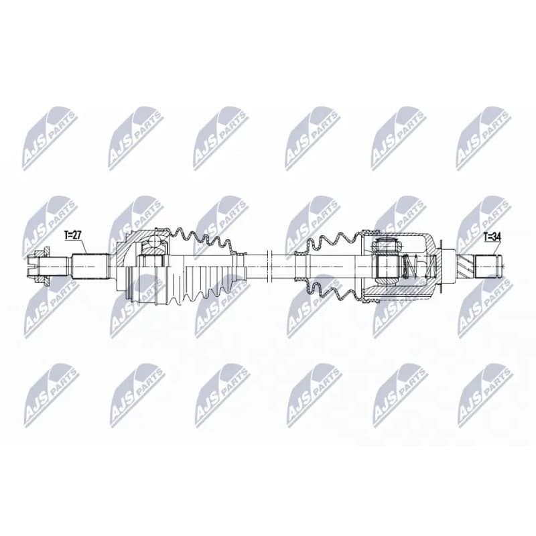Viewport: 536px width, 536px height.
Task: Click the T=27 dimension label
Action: coord(72,235)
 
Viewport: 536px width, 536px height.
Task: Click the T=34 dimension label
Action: coord(492,237)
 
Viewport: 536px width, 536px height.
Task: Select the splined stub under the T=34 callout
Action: coord(490,266)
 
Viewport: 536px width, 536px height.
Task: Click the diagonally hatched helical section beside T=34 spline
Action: coord(466,267)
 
